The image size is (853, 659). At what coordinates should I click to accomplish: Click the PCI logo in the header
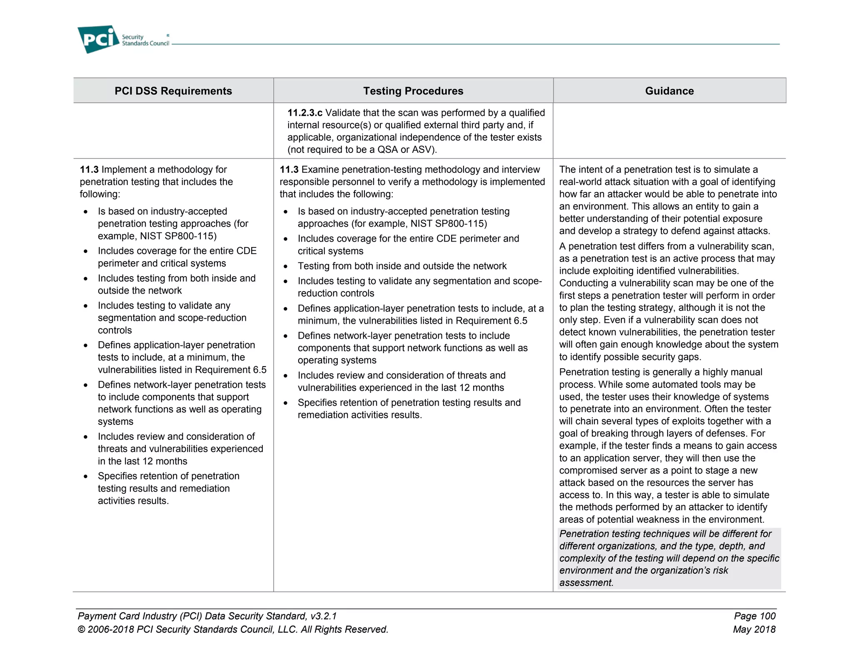click(x=98, y=39)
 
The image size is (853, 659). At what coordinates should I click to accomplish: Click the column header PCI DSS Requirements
click(x=173, y=91)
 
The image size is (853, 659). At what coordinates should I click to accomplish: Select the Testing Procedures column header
click(x=413, y=91)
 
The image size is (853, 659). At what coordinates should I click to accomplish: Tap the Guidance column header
click(x=669, y=91)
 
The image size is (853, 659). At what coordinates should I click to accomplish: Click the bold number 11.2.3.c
click(x=304, y=113)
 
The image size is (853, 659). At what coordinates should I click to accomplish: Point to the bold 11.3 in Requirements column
click(x=89, y=170)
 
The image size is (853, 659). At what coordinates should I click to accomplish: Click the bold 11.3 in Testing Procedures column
click(x=289, y=170)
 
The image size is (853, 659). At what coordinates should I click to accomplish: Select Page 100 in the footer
click(x=754, y=616)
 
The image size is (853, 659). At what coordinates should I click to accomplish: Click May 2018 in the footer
click(x=754, y=629)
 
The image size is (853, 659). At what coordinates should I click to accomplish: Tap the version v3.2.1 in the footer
click(x=323, y=616)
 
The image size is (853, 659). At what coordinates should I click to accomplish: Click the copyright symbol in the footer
click(x=81, y=629)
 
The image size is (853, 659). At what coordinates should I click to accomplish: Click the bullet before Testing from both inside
click(x=286, y=267)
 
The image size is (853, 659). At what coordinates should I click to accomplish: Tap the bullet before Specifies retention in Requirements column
click(x=85, y=477)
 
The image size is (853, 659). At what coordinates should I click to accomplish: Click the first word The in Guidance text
click(x=567, y=170)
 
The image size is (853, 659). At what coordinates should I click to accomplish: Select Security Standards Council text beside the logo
click(x=145, y=40)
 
